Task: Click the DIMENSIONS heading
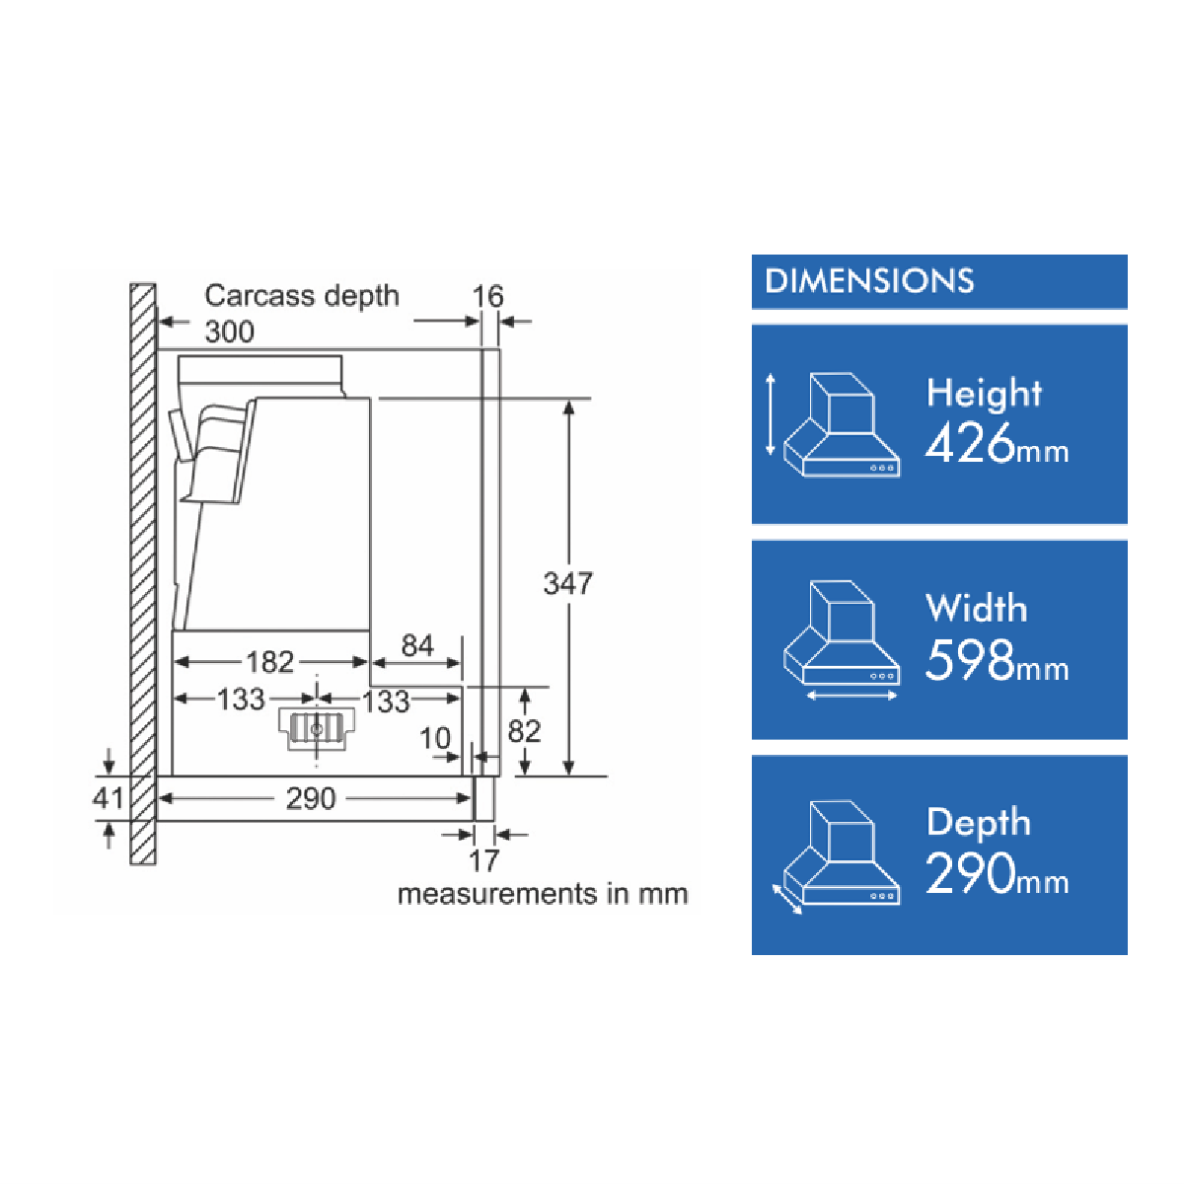click(x=869, y=281)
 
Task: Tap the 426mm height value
click(x=998, y=443)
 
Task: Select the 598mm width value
click(x=998, y=659)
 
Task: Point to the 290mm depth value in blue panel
click(x=998, y=873)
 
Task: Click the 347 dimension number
click(x=567, y=583)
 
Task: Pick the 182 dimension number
click(x=269, y=662)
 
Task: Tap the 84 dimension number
click(x=417, y=645)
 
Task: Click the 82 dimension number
click(x=524, y=731)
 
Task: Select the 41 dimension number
click(x=108, y=798)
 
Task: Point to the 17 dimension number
click(x=484, y=861)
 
